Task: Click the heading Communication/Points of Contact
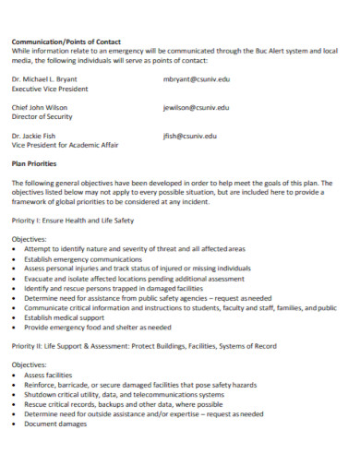(66, 41)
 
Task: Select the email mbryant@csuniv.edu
(197, 79)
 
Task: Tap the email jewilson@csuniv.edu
(196, 107)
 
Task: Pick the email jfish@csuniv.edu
(189, 136)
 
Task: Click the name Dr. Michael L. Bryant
(44, 79)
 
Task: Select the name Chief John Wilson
(40, 107)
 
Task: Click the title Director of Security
(42, 116)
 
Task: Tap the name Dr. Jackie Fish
(36, 136)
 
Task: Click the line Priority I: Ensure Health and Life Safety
(73, 220)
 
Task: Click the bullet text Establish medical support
(66, 317)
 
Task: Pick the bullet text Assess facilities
(47, 376)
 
